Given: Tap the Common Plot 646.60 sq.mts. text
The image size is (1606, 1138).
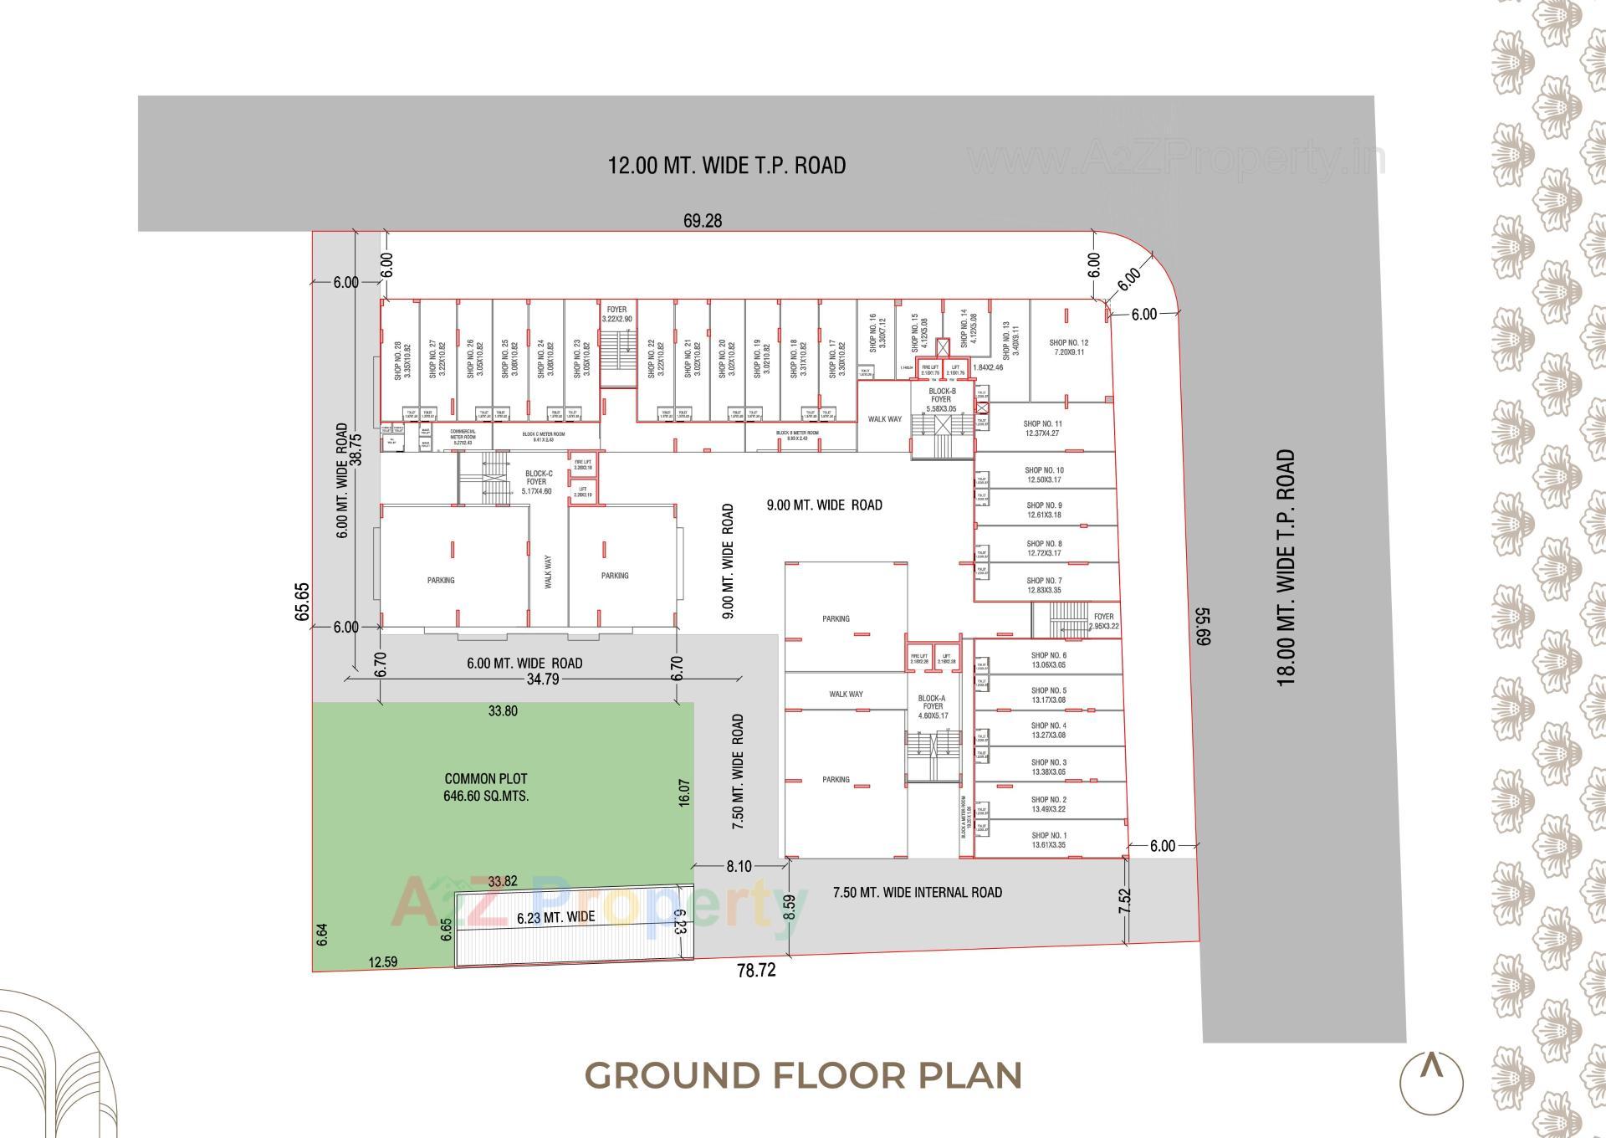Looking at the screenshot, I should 486,787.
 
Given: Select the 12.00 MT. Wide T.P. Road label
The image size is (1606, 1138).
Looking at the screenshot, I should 726,165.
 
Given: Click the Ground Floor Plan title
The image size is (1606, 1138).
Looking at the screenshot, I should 803,1075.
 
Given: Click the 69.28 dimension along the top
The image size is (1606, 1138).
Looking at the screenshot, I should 703,221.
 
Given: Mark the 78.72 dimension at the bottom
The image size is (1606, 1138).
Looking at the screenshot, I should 755,971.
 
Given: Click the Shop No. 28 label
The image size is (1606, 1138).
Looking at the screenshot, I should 402,361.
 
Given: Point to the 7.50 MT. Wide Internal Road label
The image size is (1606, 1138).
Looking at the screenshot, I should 917,893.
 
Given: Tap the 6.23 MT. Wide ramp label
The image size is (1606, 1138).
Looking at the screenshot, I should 555,917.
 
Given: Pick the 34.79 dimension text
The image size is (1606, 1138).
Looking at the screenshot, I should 543,679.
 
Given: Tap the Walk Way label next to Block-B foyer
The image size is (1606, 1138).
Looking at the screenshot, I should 884,419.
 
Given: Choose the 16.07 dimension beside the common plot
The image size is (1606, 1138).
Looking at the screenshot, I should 684,792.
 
